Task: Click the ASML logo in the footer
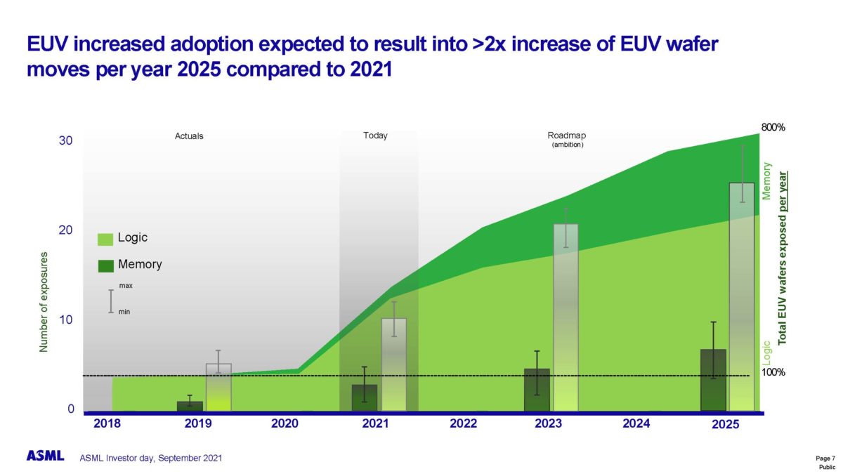(x=45, y=456)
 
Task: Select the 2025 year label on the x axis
(x=725, y=425)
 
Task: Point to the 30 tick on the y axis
(x=65, y=141)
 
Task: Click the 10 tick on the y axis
(x=65, y=320)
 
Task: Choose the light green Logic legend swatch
(x=105, y=239)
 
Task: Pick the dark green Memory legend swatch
(x=105, y=265)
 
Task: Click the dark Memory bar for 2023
(x=537, y=390)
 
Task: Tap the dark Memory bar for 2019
(x=190, y=406)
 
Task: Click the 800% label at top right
(x=773, y=128)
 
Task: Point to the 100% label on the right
(x=773, y=372)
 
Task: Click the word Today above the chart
(x=375, y=136)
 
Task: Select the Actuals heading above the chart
(x=189, y=136)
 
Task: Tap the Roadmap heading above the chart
(x=566, y=136)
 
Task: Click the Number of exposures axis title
(x=44, y=301)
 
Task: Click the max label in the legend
(x=126, y=286)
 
